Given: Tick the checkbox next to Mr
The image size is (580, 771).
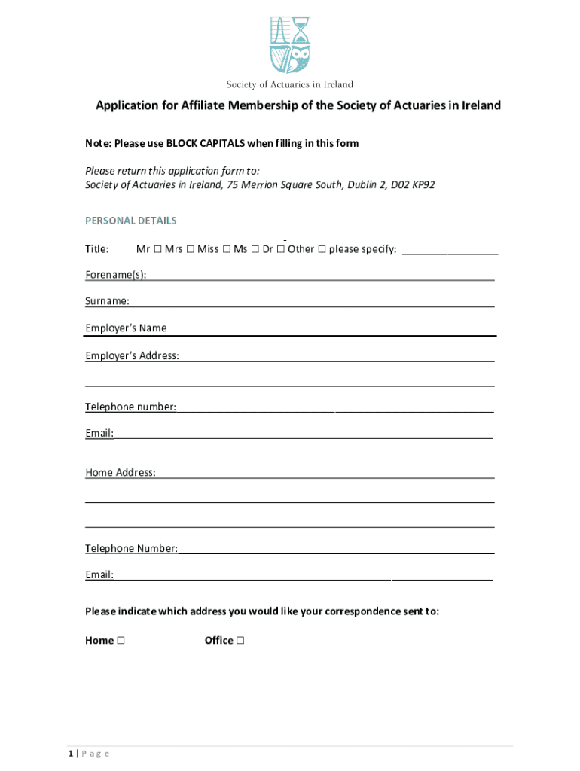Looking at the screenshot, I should pos(155,249).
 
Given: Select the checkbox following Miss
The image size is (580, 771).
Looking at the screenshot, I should pos(226,249).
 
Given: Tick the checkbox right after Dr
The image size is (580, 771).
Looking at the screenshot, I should pos(280,249).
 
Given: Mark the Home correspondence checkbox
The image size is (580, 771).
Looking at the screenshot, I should pos(121,641).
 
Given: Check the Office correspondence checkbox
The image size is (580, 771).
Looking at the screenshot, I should pos(240,641).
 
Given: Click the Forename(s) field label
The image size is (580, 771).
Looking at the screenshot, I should pos(115,275).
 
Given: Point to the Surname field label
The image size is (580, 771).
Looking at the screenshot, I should pos(107,301).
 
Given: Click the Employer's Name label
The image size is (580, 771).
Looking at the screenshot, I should pos(126,328).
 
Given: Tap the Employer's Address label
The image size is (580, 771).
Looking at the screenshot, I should pos(132,355).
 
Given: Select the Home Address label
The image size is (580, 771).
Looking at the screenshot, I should pos(121,473).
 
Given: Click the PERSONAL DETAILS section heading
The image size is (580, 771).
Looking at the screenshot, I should pos(131,221).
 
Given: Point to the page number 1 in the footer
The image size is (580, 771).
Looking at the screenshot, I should pos(70,754).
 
